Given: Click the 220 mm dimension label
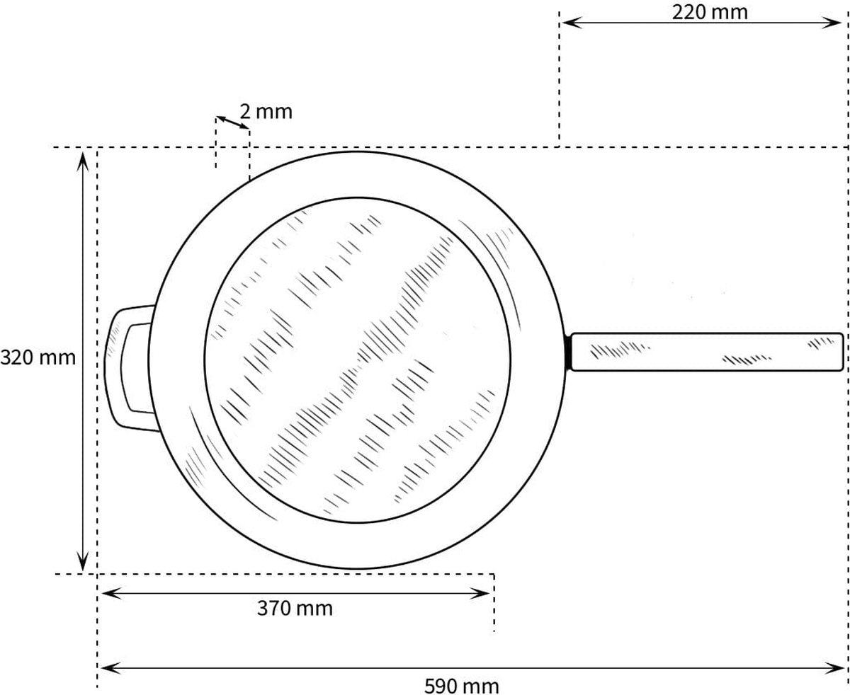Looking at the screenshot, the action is [710, 13].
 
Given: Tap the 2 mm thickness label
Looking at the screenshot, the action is [266, 112].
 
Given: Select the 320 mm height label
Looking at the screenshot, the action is [38, 357].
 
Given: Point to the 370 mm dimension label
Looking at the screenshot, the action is [295, 609].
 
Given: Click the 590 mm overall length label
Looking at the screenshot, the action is [461, 686].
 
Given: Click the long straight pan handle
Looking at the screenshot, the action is [708, 352].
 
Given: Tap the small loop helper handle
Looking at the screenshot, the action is [129, 368].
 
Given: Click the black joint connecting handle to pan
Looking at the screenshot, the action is [567, 352].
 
